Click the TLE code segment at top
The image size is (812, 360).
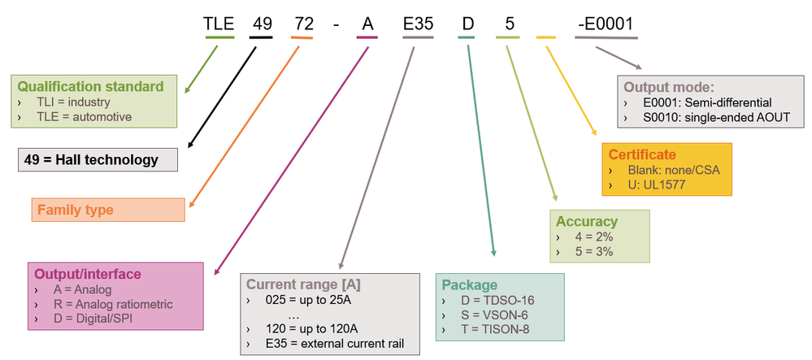(x=219, y=24)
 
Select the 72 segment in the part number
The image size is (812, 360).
(x=302, y=24)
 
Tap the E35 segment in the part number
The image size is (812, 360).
(x=418, y=24)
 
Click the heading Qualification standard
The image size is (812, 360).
(x=90, y=86)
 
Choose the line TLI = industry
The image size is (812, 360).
(x=73, y=102)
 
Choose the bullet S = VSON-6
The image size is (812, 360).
(x=485, y=314)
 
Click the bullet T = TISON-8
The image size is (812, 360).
(x=488, y=328)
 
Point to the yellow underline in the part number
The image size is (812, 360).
(x=546, y=37)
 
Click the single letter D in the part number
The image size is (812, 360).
(x=468, y=24)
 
